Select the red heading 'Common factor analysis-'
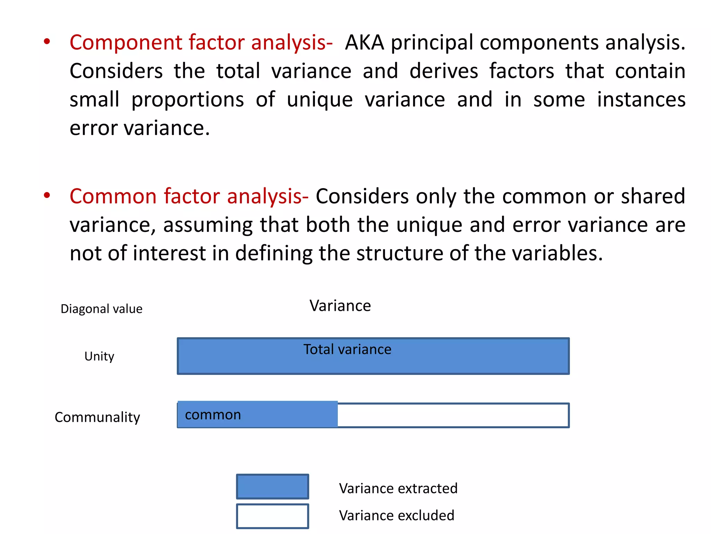[x=189, y=196]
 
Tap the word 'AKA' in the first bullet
[x=365, y=42]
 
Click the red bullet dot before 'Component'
[x=47, y=42]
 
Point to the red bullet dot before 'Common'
[x=47, y=195]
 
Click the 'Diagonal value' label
[x=101, y=309]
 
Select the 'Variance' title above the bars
[x=340, y=306]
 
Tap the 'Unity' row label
[x=99, y=356]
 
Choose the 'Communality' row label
[x=97, y=417]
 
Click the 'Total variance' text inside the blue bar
[x=347, y=349]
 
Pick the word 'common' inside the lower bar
[x=213, y=415]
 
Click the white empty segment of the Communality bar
[x=453, y=415]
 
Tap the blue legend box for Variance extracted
[x=273, y=487]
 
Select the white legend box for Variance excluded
[x=273, y=516]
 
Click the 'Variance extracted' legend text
[x=398, y=488]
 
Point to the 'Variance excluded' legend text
[x=396, y=516]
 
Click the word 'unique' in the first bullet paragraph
[x=320, y=100]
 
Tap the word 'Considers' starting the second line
[x=116, y=71]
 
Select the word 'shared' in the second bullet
[x=653, y=196]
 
